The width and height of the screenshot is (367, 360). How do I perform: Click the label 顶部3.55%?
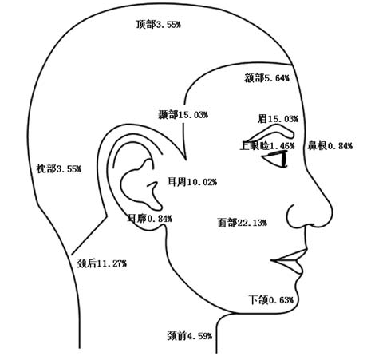tap(159, 25)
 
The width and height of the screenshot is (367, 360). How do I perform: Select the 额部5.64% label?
tap(266, 78)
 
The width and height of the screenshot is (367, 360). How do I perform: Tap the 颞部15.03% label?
tap(183, 115)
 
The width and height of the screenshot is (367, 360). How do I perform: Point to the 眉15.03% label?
tap(278, 119)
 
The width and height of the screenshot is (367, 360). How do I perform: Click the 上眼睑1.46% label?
tap(267, 146)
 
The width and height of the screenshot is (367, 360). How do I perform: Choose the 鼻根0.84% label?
tap(330, 146)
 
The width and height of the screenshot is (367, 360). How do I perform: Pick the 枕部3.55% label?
tap(59, 168)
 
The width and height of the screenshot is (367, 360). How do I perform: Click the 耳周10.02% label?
tap(192, 182)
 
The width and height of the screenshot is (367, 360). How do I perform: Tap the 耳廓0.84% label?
tap(150, 219)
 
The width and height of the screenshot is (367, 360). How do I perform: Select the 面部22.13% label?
tap(242, 223)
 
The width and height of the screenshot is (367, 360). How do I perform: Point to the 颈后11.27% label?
tap(101, 263)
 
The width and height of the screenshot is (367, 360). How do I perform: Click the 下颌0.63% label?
tap(271, 300)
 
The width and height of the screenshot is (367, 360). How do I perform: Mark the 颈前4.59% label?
tap(190, 336)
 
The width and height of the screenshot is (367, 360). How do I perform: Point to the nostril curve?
tap(290, 216)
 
